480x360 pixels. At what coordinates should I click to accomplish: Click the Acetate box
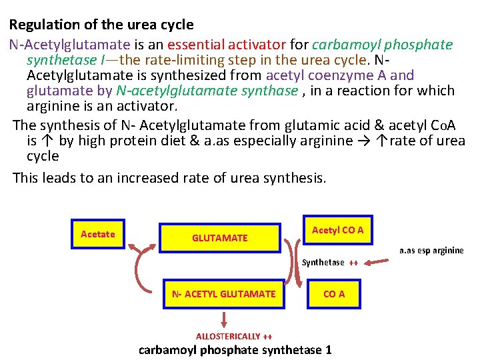click(97, 234)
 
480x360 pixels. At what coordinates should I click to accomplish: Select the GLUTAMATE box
click(219, 238)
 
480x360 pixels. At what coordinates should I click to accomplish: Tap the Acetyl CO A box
click(337, 230)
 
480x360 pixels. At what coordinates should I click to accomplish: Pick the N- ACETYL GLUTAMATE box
click(223, 294)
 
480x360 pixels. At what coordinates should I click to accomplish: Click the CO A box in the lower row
click(333, 294)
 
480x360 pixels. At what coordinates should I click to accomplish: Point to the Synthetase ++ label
click(330, 262)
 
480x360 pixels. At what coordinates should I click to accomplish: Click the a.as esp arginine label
click(431, 251)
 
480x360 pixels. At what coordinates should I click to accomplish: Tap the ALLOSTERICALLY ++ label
click(233, 336)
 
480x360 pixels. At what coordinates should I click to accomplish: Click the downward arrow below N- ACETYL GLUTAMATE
click(225, 320)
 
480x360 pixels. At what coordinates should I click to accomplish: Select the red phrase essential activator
click(227, 45)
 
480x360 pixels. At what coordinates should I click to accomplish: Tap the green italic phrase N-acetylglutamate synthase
click(207, 90)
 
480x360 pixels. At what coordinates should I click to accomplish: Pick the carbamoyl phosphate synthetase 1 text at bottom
click(235, 350)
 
